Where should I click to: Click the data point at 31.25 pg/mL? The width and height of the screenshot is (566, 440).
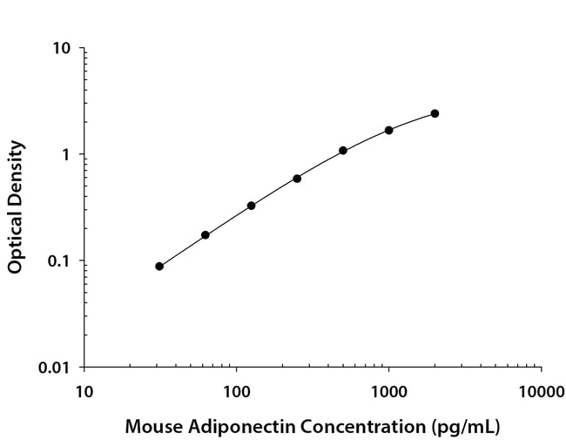tap(159, 267)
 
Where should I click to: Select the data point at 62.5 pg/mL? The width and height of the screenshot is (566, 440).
tap(206, 235)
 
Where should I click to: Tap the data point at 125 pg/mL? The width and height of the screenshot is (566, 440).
tap(251, 206)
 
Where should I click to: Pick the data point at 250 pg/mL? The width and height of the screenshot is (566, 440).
tap(297, 179)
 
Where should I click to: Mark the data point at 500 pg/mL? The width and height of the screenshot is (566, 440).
tap(343, 151)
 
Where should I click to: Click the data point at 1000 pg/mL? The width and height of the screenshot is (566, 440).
tap(388, 130)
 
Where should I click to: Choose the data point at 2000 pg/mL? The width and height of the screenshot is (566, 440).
tap(435, 113)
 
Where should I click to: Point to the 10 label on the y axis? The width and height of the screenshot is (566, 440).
tap(61, 48)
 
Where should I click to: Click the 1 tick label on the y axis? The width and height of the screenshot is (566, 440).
tap(65, 155)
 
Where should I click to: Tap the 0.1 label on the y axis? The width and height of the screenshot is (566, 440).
tap(58, 261)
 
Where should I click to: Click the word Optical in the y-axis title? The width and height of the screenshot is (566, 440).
tap(15, 245)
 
